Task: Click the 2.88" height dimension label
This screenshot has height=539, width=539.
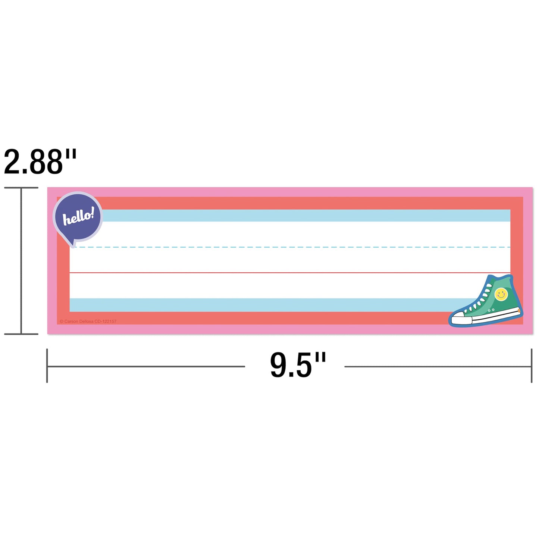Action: click(40, 162)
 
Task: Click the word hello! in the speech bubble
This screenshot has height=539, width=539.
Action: click(78, 216)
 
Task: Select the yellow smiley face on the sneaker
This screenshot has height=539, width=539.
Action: click(501, 295)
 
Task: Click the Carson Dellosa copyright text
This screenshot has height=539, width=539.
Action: click(88, 322)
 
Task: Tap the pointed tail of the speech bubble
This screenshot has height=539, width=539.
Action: click(73, 245)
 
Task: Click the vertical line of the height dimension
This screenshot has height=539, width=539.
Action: click(21, 261)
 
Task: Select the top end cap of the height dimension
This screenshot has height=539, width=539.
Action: click(21, 188)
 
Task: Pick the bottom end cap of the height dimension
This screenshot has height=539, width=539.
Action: click(21, 334)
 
